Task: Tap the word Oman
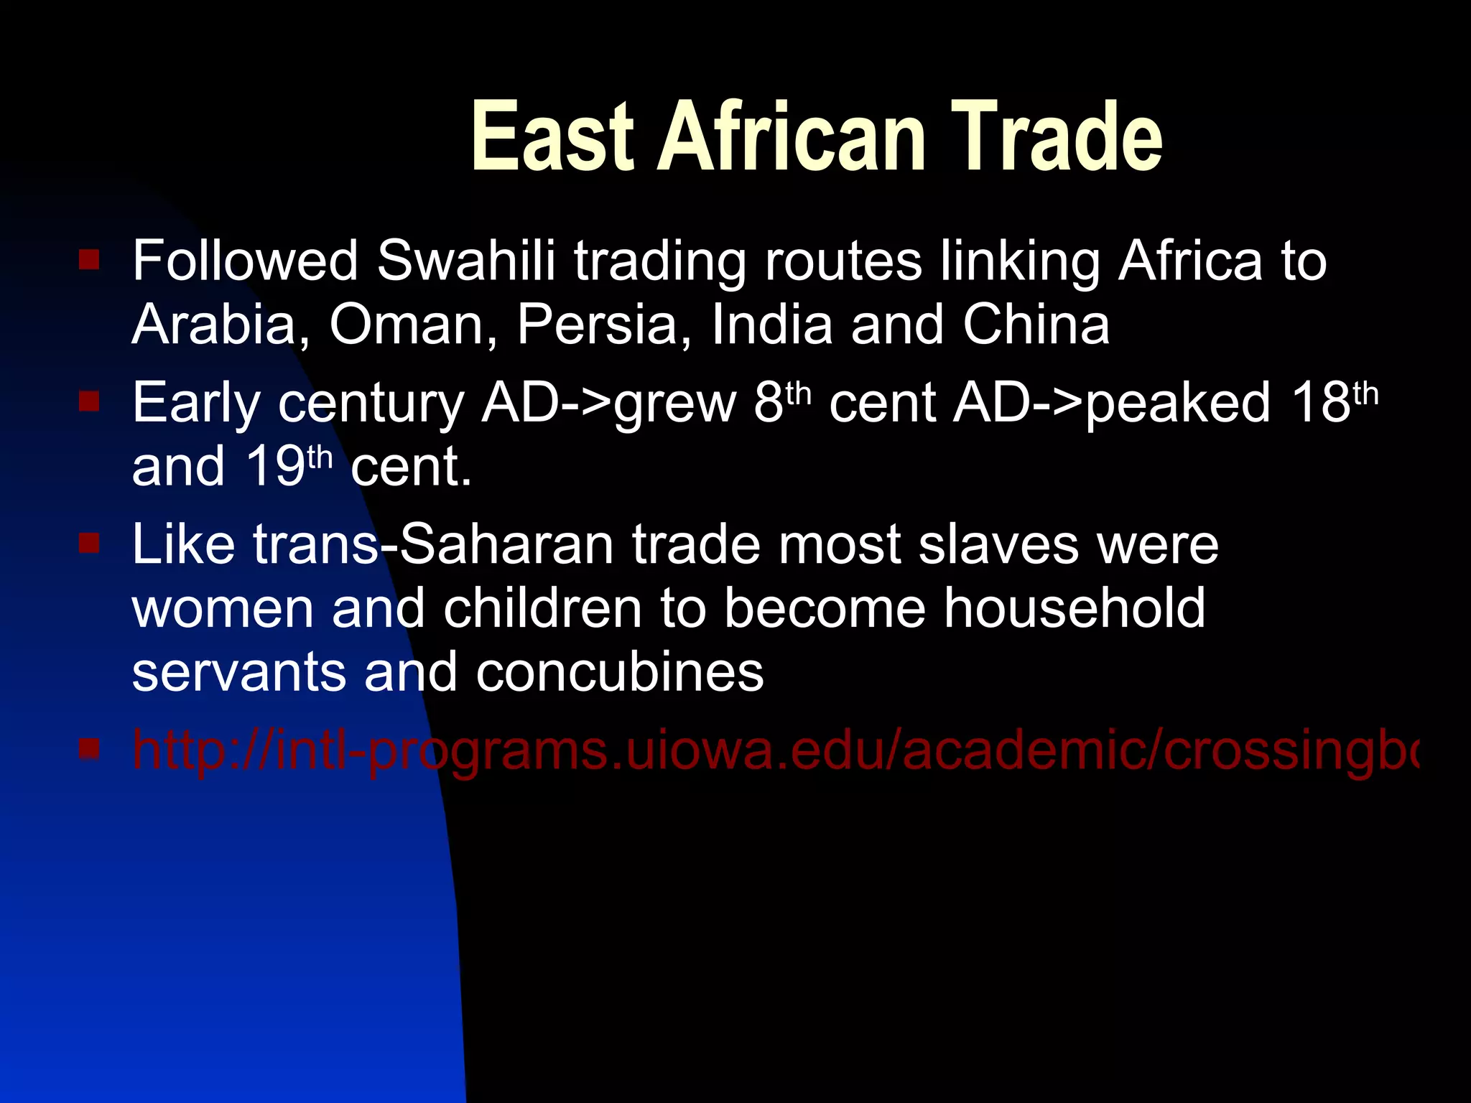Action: point(406,324)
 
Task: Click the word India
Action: point(772,324)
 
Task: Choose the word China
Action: point(1036,324)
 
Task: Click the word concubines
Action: point(619,672)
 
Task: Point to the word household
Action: point(1075,608)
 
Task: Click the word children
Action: point(542,608)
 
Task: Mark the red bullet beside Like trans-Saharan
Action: point(89,543)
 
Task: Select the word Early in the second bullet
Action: point(196,402)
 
